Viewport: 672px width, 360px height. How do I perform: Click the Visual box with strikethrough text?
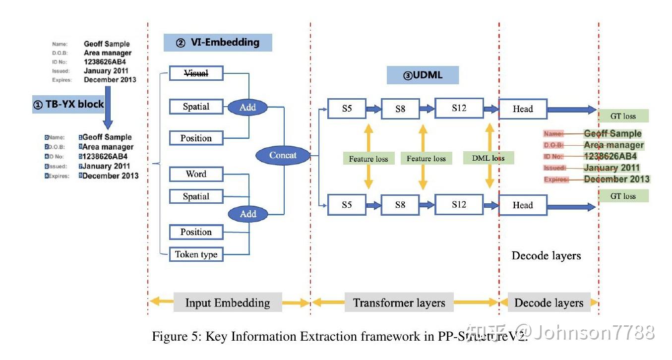coord(196,73)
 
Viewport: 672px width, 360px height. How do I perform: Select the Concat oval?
coord(283,155)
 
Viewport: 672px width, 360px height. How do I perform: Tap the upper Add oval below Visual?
coord(247,107)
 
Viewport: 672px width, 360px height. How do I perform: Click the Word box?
coord(196,174)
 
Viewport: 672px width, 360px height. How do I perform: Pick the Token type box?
coord(196,254)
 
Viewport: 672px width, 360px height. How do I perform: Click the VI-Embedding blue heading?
coord(218,43)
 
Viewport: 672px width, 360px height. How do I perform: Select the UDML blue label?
coord(423,75)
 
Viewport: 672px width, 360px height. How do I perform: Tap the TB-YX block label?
coord(68,105)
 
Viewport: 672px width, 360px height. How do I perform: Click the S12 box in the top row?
coord(459,108)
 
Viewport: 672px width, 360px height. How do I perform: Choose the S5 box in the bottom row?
coord(347,204)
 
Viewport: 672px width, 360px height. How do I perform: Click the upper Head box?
coord(522,109)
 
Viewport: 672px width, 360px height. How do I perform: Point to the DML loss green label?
coord(489,158)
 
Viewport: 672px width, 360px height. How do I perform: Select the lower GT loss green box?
coord(623,196)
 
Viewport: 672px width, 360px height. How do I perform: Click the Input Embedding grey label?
coord(228,302)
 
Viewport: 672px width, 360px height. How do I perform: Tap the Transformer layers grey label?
coord(399,302)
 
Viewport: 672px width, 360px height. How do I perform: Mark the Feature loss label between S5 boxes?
coord(368,159)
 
